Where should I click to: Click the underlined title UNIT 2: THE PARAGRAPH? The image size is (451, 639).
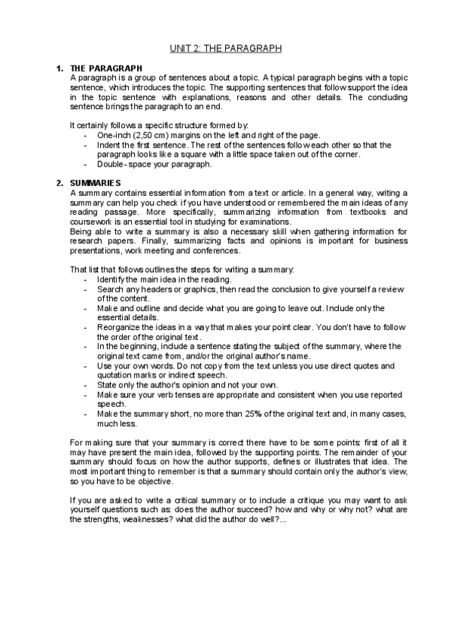tap(225, 48)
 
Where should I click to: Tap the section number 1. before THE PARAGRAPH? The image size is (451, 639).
tap(60, 69)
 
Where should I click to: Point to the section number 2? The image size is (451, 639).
tap(60, 183)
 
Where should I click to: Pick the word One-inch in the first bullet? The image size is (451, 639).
tap(113, 134)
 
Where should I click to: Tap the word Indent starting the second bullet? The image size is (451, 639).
tap(109, 144)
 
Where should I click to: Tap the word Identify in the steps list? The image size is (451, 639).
tap(111, 280)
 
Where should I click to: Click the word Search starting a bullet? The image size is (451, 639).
tap(110, 289)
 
